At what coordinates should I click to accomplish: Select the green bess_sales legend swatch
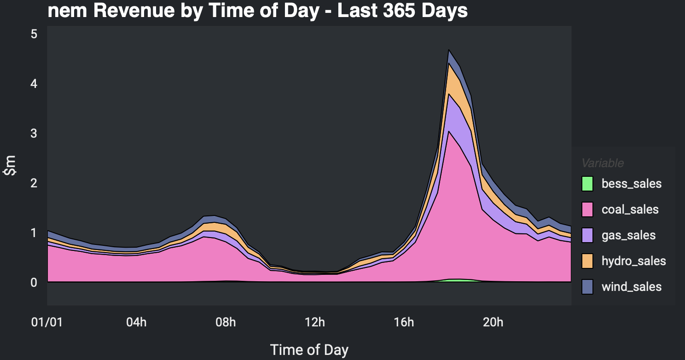click(587, 184)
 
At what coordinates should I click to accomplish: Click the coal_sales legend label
click(630, 209)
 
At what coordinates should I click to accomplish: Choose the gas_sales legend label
click(628, 235)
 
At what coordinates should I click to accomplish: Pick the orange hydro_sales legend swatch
click(587, 261)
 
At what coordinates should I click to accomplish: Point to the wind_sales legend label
click(632, 287)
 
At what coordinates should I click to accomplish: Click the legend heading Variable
click(603, 163)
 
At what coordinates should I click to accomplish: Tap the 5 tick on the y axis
click(34, 34)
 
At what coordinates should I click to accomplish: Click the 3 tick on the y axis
click(34, 134)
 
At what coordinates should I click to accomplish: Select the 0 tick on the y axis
click(34, 282)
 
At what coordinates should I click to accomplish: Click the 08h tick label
click(226, 322)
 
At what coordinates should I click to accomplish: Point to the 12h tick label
click(315, 322)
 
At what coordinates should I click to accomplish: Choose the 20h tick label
click(493, 322)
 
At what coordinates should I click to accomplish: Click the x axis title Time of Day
click(309, 349)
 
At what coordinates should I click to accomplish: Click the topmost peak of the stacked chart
click(448, 50)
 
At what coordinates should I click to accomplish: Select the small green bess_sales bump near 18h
click(454, 280)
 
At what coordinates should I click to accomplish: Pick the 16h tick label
click(404, 322)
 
